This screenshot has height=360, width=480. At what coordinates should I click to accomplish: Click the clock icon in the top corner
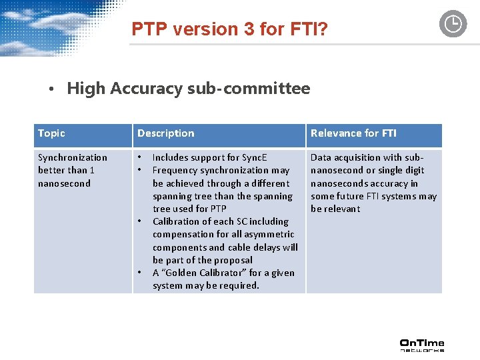coord(453,24)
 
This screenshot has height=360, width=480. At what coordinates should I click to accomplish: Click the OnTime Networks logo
coord(421,345)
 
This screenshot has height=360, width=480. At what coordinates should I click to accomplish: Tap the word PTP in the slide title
coord(147,29)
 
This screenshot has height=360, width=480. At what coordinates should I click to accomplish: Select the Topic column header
coord(51,133)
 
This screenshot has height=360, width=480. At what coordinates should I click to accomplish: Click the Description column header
coord(166,133)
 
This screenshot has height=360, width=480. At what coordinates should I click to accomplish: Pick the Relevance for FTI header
coord(353,133)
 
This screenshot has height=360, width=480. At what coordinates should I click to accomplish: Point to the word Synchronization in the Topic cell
coord(72,157)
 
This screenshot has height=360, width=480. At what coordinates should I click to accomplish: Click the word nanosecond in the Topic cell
coord(64,183)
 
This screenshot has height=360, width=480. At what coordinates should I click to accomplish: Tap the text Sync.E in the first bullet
coord(253,157)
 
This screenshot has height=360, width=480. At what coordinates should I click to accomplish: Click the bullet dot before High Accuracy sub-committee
coord(52,89)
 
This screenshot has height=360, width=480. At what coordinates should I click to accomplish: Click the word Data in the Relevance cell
coord(321,157)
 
